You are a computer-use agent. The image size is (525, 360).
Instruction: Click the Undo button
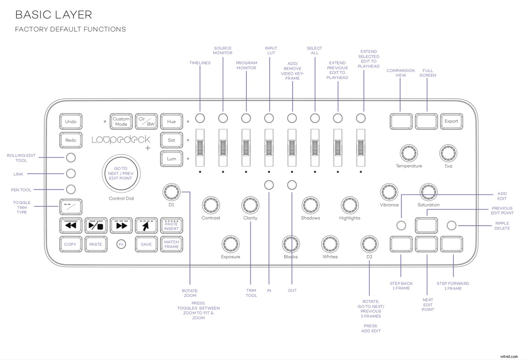pos(71,122)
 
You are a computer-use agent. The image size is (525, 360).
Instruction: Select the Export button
pos(451,121)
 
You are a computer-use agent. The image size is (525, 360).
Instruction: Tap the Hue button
pos(171,122)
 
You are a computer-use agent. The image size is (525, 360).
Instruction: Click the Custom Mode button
pos(121,122)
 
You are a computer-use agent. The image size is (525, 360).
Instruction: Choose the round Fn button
pos(121,244)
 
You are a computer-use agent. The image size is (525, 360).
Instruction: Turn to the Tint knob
pos(448,153)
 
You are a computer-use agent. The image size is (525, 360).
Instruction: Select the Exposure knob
pos(230,244)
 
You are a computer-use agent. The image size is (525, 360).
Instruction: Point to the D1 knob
pos(171,192)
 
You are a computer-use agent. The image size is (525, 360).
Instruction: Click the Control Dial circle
pos(121,173)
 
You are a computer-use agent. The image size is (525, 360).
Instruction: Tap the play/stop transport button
pos(96,226)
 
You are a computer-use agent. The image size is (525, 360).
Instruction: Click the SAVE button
pos(146,244)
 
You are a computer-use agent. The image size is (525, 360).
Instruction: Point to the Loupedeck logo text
pos(121,140)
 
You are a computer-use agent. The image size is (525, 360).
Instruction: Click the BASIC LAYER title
pos(54,15)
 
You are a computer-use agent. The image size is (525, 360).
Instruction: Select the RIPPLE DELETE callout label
pos(502,226)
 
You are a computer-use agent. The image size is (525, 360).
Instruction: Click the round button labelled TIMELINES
pos(200,118)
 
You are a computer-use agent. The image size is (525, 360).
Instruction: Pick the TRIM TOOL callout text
pos(251,293)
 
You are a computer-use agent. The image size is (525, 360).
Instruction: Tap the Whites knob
pos(330,244)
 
